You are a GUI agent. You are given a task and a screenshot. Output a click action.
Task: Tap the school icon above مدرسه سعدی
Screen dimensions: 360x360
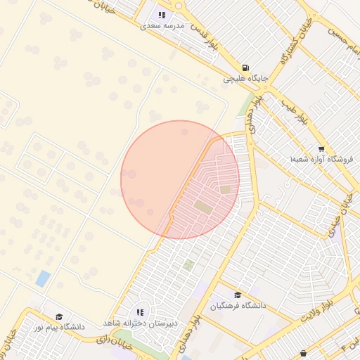pyautogui.click(x=162, y=14)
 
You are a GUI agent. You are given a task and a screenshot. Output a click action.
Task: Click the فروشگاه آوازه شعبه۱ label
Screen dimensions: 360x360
pyautogui.click(x=321, y=160)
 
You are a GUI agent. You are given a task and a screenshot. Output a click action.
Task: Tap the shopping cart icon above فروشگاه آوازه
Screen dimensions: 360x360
pyautogui.click(x=321, y=148)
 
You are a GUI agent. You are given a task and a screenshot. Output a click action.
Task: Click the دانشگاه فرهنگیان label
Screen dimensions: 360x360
pyautogui.click(x=238, y=307)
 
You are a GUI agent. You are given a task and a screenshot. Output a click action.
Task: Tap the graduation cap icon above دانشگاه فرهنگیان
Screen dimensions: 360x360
pyautogui.click(x=238, y=295)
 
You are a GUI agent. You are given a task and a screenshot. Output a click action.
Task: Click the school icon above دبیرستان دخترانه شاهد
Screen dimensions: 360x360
pyautogui.click(x=141, y=312)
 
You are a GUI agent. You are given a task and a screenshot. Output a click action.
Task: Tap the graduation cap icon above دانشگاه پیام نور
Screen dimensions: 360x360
pyautogui.click(x=59, y=316)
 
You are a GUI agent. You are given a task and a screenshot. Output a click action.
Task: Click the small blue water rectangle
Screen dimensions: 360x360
pyautogui.click(x=43, y=278)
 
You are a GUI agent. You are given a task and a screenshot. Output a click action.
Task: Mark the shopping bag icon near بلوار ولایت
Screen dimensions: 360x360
pyautogui.click(x=303, y=353)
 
